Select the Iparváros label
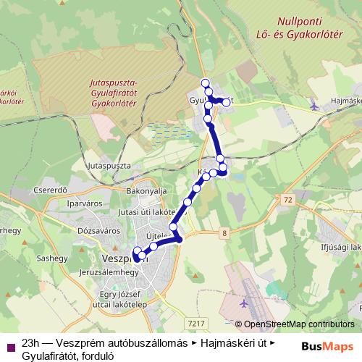[80, 203]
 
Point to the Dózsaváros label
[93, 230]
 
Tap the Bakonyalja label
[147, 190]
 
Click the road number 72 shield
[290, 198]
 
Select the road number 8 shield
[225, 232]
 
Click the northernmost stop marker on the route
[206, 83]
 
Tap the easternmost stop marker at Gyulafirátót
[227, 103]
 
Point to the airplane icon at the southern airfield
[243, 302]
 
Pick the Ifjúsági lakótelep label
[334, 247]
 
